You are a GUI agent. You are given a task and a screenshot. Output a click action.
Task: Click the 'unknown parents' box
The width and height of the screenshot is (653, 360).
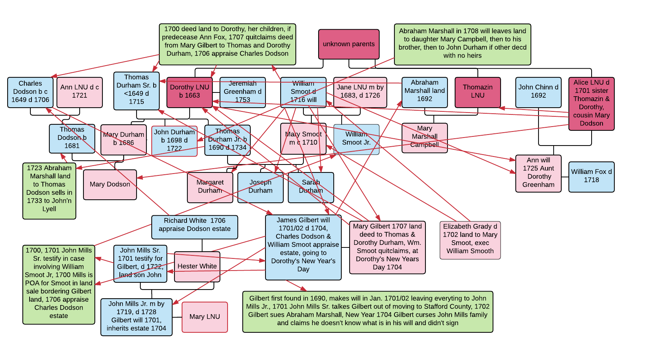pyautogui.click(x=348, y=44)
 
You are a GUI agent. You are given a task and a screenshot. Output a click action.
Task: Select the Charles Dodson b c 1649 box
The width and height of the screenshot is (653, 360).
pyautogui.click(x=30, y=92)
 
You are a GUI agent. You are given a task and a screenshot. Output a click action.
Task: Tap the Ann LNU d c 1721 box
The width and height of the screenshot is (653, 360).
pyautogui.click(x=79, y=92)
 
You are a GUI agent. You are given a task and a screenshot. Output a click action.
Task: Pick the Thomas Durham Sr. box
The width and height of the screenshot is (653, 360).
pyautogui.click(x=136, y=91)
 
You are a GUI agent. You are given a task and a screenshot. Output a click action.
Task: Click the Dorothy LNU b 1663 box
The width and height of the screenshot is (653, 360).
pyautogui.click(x=189, y=92)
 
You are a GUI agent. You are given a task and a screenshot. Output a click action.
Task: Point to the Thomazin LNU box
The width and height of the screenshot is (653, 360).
pyautogui.click(x=477, y=92)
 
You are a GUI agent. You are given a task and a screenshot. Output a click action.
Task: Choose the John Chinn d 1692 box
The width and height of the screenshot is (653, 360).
pyautogui.click(x=538, y=92)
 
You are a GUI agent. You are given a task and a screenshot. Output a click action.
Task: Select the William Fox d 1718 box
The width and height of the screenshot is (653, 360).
pyautogui.click(x=591, y=177)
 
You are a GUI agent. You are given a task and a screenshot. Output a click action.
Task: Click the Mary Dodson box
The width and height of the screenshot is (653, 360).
pyautogui.click(x=110, y=185)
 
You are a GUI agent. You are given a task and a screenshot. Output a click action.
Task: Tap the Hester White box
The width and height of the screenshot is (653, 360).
pyautogui.click(x=197, y=266)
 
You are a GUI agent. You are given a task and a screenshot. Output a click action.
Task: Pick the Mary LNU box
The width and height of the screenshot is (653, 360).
pyautogui.click(x=204, y=317)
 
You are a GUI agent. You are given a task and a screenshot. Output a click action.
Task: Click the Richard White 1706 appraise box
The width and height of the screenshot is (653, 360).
pyautogui.click(x=195, y=227)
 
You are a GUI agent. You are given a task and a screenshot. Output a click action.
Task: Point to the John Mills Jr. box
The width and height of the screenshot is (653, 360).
pyautogui.click(x=136, y=317)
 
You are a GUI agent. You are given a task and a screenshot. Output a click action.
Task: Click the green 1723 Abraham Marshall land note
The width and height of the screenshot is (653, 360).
pyautogui.click(x=49, y=191)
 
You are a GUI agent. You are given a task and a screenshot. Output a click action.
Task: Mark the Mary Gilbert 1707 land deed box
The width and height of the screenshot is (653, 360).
pyautogui.click(x=387, y=247)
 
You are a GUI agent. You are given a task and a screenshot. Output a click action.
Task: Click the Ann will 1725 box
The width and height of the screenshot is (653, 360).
pyautogui.click(x=538, y=173)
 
